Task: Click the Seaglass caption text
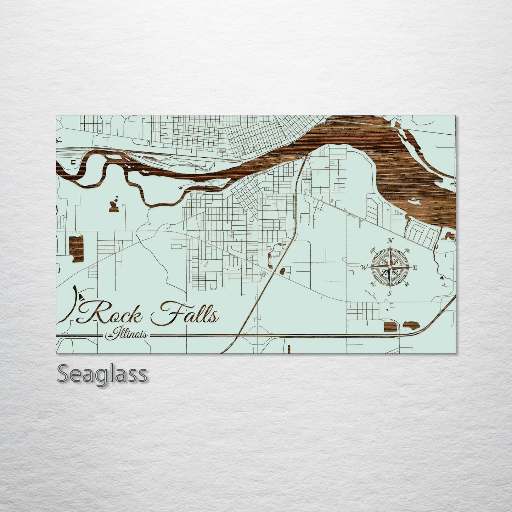point(101,374)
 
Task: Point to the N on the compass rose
point(390,241)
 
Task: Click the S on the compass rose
point(389,293)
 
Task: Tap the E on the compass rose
point(415,268)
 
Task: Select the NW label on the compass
point(372,252)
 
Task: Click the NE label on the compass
point(407,251)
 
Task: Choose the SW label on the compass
point(373,284)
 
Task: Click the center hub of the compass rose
point(390,267)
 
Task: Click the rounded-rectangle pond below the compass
point(390,326)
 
